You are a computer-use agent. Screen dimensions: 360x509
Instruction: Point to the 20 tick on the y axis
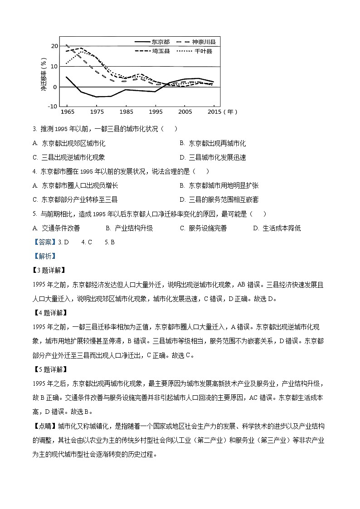tap(54, 46)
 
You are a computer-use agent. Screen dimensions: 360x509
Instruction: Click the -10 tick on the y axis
tap(53, 107)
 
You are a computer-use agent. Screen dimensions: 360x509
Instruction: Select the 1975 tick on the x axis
tap(97, 111)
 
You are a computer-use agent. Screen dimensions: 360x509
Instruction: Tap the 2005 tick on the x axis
tap(185, 111)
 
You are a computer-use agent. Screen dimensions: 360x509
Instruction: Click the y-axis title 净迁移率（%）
tap(44, 75)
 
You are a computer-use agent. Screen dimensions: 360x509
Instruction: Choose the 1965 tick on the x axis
tap(68, 111)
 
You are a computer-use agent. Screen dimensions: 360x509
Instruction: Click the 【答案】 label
tap(44, 242)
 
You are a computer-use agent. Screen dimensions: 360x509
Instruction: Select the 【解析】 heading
tap(44, 256)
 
